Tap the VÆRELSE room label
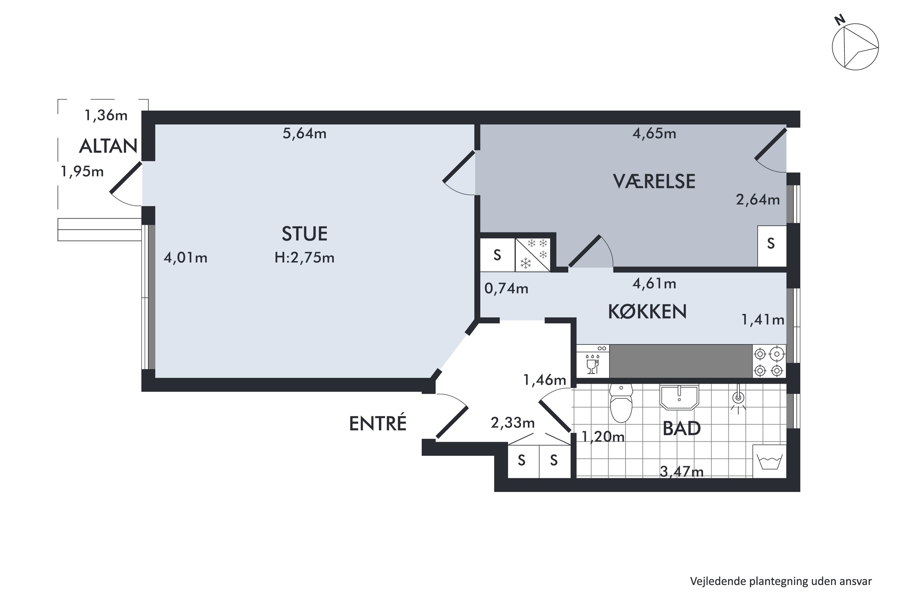click(654, 182)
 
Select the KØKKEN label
click(647, 311)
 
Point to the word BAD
click(681, 428)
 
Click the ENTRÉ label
click(377, 423)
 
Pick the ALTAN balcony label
click(108, 146)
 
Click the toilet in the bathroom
click(621, 403)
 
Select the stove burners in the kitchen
click(769, 361)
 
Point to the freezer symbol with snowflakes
click(533, 254)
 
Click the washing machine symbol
click(769, 462)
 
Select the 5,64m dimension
click(304, 134)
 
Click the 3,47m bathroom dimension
click(681, 472)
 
